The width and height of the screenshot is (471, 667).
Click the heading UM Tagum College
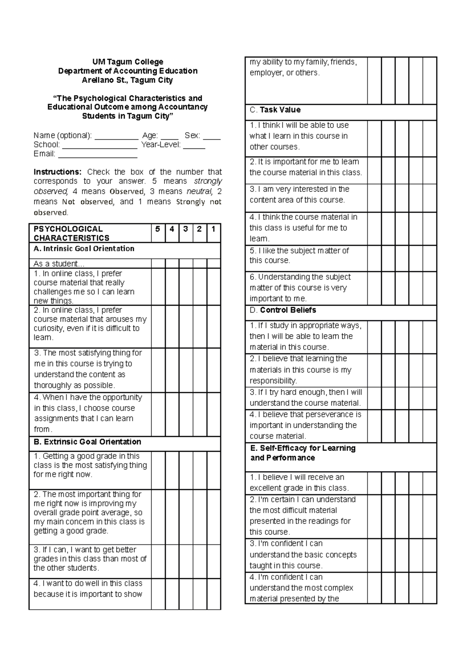(x=128, y=62)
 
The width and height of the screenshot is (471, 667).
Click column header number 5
(x=158, y=229)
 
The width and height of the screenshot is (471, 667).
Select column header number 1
(x=213, y=229)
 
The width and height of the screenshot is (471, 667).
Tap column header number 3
(x=186, y=229)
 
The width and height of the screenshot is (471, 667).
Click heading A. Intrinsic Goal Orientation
(x=84, y=249)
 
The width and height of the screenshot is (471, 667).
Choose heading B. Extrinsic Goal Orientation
(x=87, y=442)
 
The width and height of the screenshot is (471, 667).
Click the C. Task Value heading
(x=275, y=110)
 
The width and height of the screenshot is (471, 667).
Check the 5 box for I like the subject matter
(x=374, y=258)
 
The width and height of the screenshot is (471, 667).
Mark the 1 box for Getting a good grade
(x=214, y=470)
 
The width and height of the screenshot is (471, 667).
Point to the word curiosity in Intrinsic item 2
(x=48, y=328)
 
